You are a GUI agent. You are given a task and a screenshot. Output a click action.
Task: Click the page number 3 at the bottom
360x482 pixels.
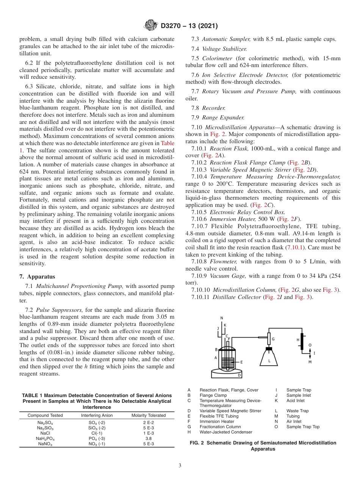pos(180,465)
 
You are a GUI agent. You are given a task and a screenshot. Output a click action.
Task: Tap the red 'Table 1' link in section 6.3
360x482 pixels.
pos(168,143)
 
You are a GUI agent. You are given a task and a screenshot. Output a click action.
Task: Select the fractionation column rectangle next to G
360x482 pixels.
pos(269,338)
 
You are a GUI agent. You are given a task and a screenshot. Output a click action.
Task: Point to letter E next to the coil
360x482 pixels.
pos(241,362)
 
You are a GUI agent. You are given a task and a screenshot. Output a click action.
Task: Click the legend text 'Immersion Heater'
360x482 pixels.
pos(217,421)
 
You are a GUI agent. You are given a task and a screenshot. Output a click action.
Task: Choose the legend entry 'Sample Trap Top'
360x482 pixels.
pos(303,427)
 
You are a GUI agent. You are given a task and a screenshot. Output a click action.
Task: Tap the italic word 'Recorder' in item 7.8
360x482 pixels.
pos(214,108)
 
